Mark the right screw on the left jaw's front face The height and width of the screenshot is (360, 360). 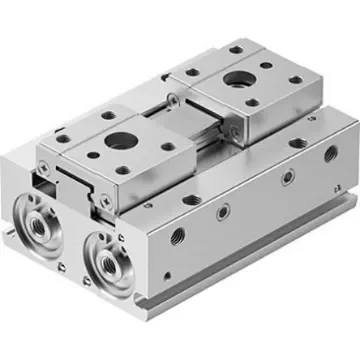tap(120, 189)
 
